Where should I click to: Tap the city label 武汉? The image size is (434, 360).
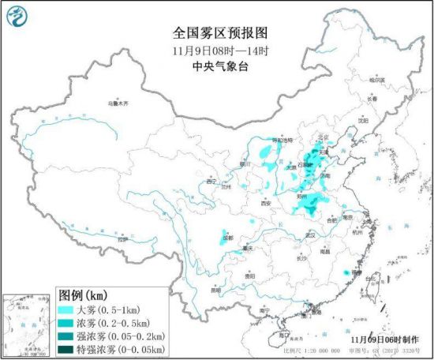(310, 234)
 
